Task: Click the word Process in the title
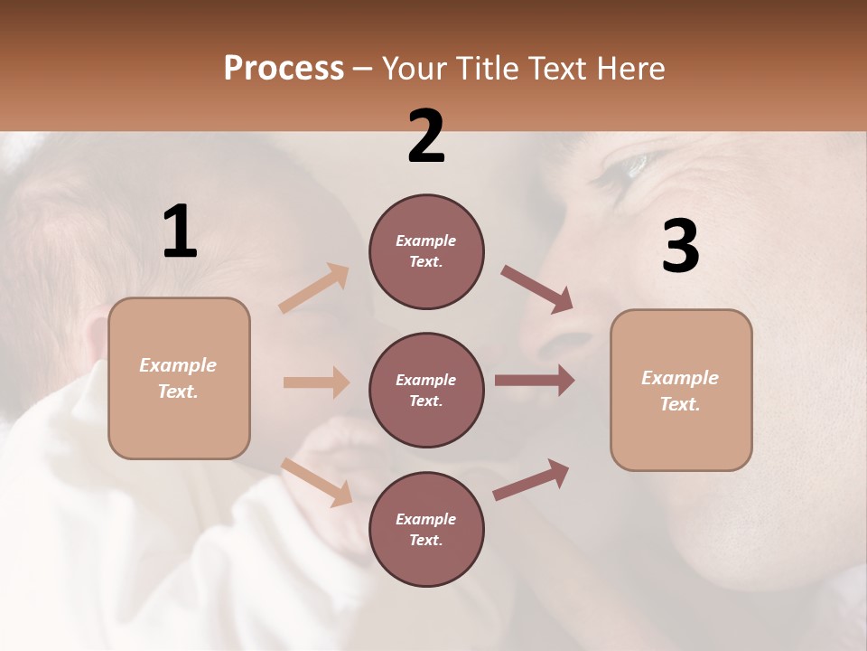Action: tap(284, 69)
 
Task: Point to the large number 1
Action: tap(180, 232)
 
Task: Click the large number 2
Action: tap(426, 137)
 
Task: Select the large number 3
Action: tap(680, 247)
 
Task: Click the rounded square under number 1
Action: tap(179, 378)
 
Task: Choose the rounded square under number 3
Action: tap(681, 390)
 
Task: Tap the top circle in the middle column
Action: tap(426, 251)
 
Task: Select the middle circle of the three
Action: tap(426, 390)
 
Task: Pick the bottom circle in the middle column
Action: tap(426, 529)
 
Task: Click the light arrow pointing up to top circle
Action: tap(314, 288)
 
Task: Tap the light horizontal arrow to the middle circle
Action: tap(316, 382)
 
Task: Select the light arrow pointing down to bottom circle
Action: tap(316, 482)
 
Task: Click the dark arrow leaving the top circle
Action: tap(536, 289)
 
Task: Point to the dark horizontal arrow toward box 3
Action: tap(535, 381)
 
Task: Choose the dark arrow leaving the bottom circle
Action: tap(531, 479)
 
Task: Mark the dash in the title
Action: tap(362, 70)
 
